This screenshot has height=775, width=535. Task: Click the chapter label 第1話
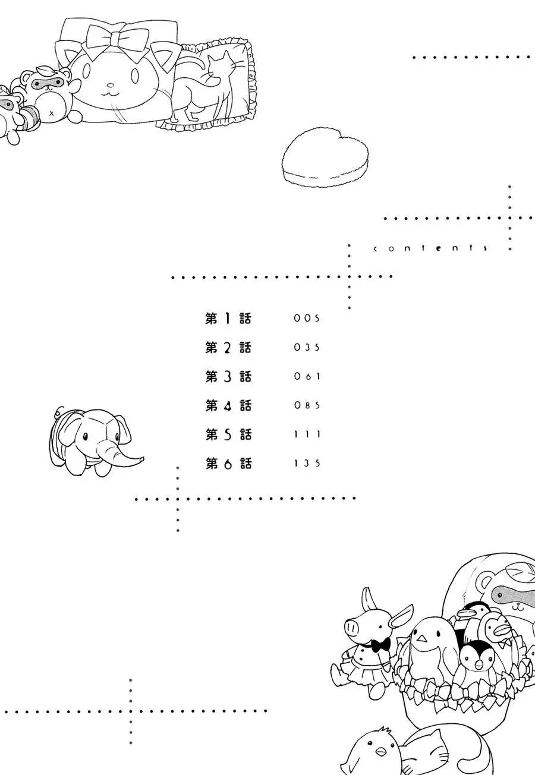click(228, 319)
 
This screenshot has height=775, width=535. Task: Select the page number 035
click(307, 347)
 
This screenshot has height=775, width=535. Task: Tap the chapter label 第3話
click(228, 376)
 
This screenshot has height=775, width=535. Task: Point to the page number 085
click(307, 405)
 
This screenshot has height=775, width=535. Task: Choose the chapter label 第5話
click(228, 434)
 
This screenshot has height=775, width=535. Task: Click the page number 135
click(307, 463)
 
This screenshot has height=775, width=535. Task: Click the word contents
click(430, 248)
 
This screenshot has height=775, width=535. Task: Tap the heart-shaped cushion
click(325, 157)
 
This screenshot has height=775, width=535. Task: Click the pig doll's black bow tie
click(380, 644)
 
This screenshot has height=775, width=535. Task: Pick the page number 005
click(307, 319)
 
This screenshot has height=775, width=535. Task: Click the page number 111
click(307, 434)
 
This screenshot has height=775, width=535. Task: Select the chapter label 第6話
click(228, 463)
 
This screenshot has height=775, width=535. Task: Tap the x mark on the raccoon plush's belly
click(52, 113)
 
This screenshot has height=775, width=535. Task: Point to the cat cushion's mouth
click(111, 93)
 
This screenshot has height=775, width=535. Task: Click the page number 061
click(307, 376)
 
